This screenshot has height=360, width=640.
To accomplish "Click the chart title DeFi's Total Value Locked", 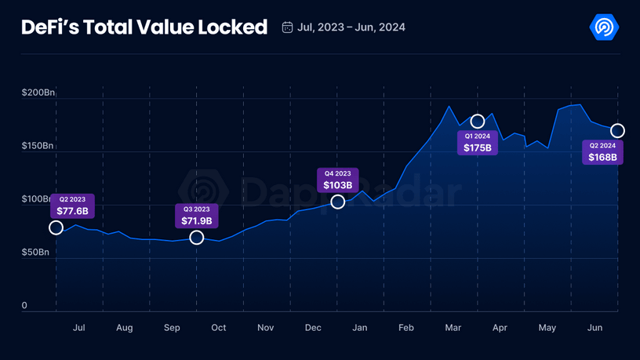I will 144,27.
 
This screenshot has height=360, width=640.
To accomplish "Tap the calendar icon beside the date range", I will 287,27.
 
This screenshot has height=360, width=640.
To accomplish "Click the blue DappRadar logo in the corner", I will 604,27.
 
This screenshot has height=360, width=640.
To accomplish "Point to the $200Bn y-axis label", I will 38,93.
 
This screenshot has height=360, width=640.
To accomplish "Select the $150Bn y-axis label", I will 38,146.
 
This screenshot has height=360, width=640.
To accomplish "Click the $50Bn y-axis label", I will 36,253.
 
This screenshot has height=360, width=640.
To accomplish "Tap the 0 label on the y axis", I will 24,306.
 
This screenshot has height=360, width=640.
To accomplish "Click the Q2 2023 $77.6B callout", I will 72,206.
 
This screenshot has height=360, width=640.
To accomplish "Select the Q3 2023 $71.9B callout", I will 198,216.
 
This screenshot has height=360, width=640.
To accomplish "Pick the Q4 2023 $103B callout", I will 338,180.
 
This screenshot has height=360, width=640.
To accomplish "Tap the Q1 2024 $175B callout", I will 477,143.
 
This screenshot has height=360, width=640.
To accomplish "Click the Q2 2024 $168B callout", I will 602,152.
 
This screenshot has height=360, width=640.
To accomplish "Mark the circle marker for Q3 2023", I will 197,238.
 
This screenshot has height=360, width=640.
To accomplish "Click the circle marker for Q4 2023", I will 337,202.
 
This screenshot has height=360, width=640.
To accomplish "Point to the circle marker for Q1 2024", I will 477,122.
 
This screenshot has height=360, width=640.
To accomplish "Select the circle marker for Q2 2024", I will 617,130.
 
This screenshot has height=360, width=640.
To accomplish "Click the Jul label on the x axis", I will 78,328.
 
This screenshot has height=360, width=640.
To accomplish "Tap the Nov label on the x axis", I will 265,328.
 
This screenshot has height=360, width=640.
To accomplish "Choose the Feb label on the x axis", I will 405,328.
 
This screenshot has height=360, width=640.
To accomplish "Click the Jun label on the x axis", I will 595,328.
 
